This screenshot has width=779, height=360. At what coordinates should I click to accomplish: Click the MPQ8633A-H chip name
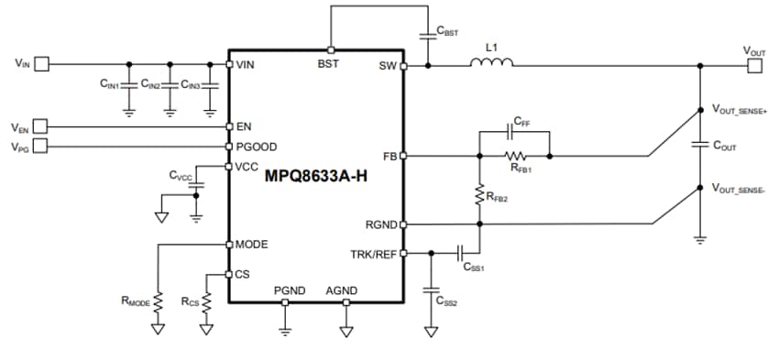(315, 176)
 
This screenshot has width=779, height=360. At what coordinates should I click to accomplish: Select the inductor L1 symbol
(491, 63)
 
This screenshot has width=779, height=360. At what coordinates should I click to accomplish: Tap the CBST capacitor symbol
(427, 36)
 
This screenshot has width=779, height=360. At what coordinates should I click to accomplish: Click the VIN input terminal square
(41, 64)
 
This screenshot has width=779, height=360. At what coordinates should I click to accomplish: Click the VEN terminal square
(41, 126)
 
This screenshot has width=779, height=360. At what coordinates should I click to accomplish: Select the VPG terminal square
(41, 147)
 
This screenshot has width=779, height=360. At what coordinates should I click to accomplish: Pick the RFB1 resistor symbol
(515, 157)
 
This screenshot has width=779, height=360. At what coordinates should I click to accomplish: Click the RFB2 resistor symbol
(478, 193)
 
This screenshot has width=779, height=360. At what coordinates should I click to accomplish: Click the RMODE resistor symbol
(158, 301)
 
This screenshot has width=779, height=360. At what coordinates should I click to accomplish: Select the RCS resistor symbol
(206, 301)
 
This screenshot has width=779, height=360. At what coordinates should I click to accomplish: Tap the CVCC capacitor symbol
(194, 183)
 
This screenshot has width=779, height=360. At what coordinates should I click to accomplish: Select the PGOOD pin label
(257, 147)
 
